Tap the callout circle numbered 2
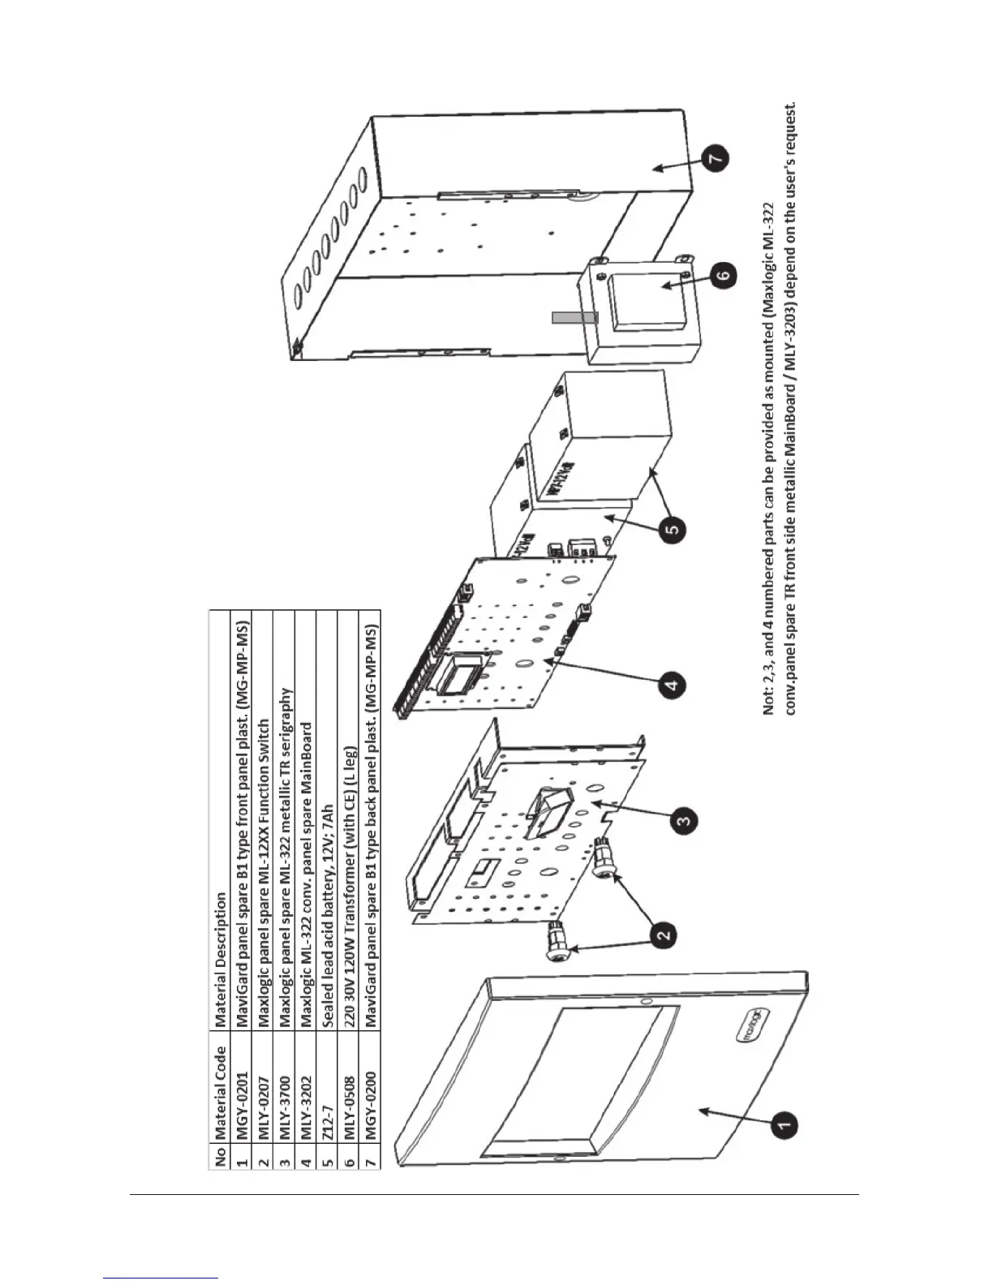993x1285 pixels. pos(664,935)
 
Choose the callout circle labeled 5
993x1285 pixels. pos(675,531)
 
